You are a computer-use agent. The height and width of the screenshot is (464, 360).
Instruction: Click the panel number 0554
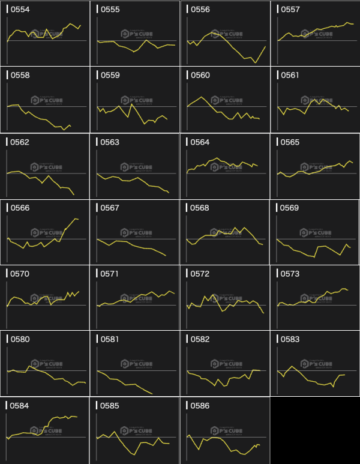click(x=20, y=10)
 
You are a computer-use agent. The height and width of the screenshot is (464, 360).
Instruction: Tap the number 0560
click(x=200, y=76)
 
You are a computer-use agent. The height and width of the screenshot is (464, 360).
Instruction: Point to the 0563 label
click(x=110, y=142)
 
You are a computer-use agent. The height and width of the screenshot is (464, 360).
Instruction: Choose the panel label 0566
click(x=20, y=208)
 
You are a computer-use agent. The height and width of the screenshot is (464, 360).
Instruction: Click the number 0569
click(x=290, y=208)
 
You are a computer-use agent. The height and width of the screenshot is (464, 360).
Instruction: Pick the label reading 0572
click(x=200, y=274)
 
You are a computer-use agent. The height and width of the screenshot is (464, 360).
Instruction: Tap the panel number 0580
click(x=20, y=339)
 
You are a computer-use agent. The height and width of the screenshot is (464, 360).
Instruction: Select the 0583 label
click(x=290, y=339)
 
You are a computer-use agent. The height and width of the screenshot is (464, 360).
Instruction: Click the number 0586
click(x=200, y=406)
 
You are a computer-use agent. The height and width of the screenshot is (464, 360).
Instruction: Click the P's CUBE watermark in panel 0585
click(x=137, y=430)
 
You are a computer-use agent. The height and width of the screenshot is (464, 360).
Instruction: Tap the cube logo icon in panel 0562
click(x=34, y=167)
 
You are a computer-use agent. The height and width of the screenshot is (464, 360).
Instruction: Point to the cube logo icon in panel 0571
click(x=124, y=298)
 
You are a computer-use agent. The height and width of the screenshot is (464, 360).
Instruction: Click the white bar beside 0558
click(x=7, y=76)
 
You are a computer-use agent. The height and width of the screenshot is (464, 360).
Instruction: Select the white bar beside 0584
click(x=7, y=406)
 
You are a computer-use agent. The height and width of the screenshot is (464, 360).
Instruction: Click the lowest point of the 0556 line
click(x=256, y=62)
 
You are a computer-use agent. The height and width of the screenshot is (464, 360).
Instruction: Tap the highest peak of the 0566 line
click(x=76, y=218)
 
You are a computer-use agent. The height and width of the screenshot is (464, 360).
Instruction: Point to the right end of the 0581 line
click(x=152, y=394)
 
